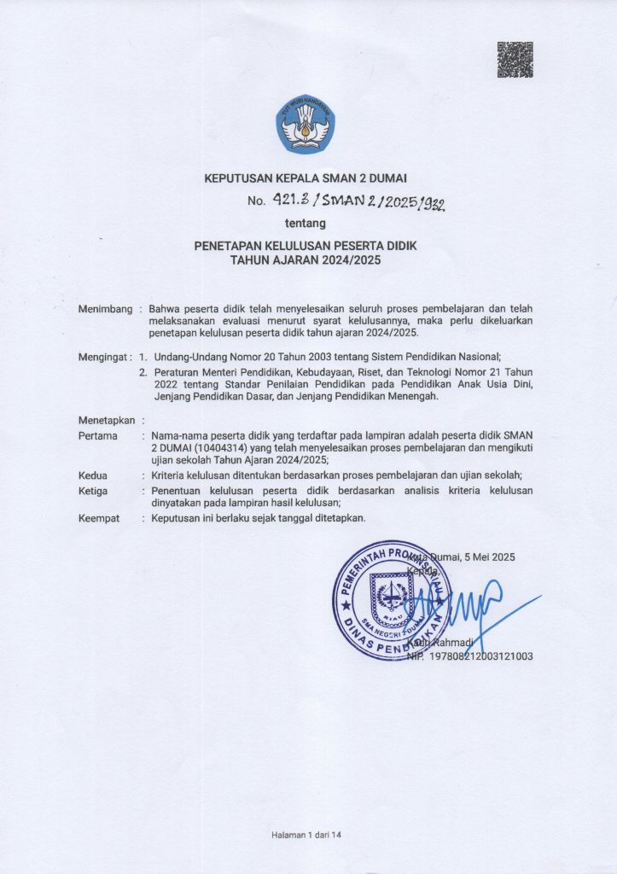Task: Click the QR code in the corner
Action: tap(515, 59)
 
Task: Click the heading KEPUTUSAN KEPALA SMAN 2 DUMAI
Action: tap(306, 178)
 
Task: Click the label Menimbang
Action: tap(105, 308)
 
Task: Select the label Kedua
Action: tap(93, 475)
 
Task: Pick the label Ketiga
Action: tap(94, 491)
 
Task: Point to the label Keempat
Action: tap(99, 518)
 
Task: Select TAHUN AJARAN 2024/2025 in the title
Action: tap(306, 259)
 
